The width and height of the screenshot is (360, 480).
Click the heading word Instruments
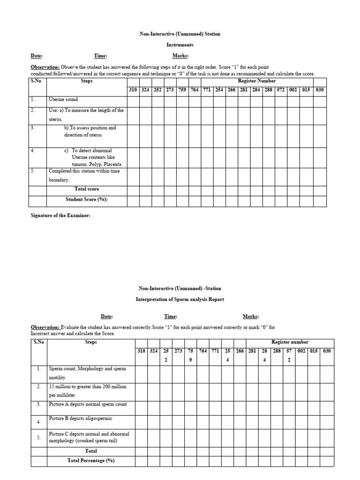(x=180, y=45)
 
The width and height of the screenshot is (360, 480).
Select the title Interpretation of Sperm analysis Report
(x=180, y=300)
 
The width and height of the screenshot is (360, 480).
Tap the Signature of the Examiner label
(x=60, y=215)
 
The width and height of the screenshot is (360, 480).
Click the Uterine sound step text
(x=63, y=99)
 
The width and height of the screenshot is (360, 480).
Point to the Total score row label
(x=87, y=189)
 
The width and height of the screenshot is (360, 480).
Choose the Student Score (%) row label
(x=87, y=199)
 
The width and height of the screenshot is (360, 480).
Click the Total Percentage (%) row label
(x=91, y=461)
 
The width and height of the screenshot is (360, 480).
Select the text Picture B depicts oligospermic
(x=80, y=418)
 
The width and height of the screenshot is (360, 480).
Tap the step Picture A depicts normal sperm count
(x=88, y=404)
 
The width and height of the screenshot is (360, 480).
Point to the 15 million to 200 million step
(x=87, y=390)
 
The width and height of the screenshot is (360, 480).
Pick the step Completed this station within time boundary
(x=84, y=175)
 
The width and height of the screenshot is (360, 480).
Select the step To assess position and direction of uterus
(x=90, y=131)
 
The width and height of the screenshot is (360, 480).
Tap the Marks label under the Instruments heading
(x=180, y=56)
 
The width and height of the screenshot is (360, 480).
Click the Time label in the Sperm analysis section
(x=171, y=316)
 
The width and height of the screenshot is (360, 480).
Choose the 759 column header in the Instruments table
(x=182, y=89)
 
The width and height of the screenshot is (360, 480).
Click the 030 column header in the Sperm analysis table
(x=326, y=351)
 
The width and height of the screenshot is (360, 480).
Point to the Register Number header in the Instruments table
(x=257, y=81)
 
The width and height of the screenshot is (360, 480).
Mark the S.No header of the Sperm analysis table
(x=39, y=342)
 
